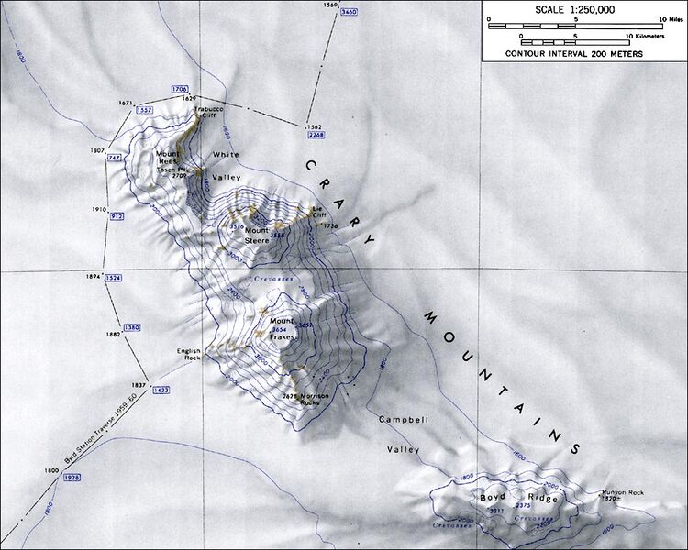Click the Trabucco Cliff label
click(x=207, y=113)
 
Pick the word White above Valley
click(x=226, y=155)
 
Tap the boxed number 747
click(x=115, y=159)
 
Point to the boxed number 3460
click(x=349, y=13)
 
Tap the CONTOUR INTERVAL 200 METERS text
click(x=575, y=54)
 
